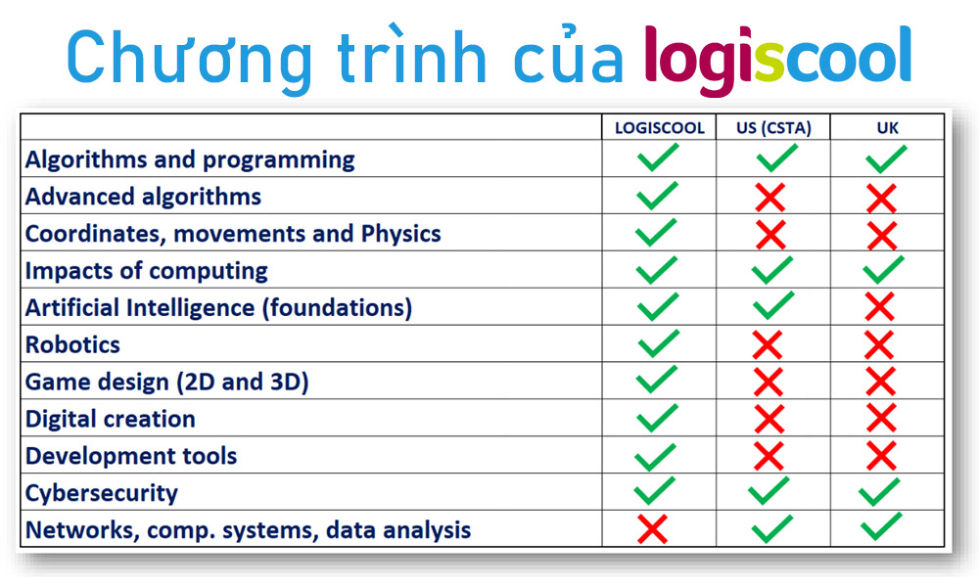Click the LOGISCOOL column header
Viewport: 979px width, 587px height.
[x=659, y=128]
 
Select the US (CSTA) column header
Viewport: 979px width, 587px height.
[x=773, y=128]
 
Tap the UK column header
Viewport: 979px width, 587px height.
[x=887, y=128]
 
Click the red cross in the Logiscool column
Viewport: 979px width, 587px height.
[x=652, y=529]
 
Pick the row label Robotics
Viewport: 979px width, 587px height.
[x=72, y=345]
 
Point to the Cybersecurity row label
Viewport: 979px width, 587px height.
[x=101, y=493]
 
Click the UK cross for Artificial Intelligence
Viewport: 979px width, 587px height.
[x=880, y=306]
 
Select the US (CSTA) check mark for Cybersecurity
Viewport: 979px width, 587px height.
[x=769, y=491]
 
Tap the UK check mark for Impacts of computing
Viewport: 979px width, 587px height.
[x=883, y=269]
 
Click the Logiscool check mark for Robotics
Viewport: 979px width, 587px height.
[x=659, y=343]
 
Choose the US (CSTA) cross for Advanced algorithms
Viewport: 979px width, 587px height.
[x=770, y=197]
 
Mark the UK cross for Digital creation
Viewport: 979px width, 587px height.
[x=882, y=418]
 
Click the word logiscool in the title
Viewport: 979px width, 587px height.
[x=778, y=61]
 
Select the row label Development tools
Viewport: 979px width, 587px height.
[x=131, y=456]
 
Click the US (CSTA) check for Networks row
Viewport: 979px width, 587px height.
[x=772, y=528]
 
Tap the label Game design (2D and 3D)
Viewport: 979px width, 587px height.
[x=166, y=382]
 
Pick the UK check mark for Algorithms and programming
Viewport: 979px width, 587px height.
[x=887, y=158]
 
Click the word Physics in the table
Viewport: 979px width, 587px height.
[x=400, y=234]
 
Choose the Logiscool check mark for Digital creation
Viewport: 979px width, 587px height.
[x=658, y=418]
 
